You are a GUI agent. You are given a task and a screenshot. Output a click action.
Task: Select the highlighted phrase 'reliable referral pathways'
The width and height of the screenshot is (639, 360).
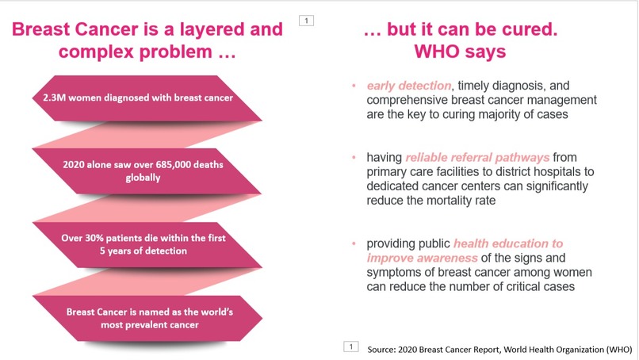pos(477,158)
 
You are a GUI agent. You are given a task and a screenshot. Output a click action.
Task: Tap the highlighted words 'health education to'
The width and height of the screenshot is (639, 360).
pos(508,243)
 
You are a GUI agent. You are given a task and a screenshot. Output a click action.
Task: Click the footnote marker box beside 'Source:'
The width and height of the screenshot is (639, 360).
pos(350,347)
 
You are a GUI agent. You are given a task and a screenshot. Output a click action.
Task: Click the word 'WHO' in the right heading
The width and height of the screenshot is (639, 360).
pos(442,52)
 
